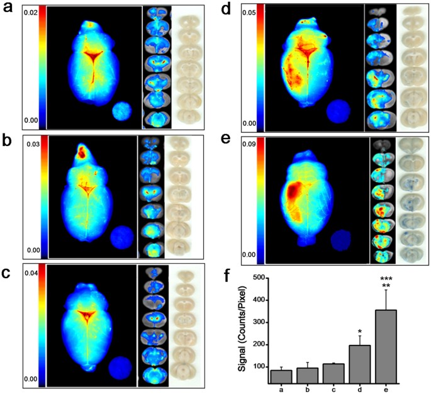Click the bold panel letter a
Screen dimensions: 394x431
(x=9, y=11)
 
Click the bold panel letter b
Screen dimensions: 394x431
(x=9, y=141)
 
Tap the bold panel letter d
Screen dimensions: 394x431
(x=232, y=11)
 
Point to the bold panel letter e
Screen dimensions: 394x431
(x=232, y=141)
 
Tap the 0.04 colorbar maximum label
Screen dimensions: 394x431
(x=31, y=274)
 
